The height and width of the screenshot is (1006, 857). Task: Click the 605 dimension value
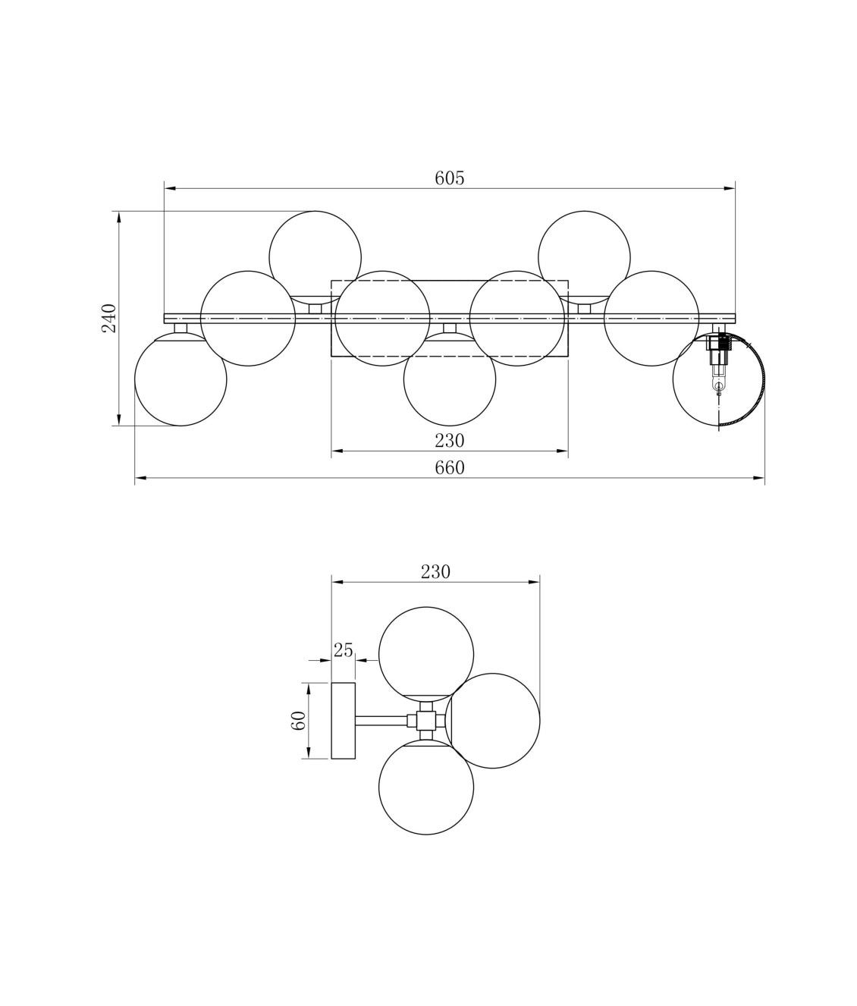[x=450, y=178]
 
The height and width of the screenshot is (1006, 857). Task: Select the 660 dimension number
[x=450, y=467]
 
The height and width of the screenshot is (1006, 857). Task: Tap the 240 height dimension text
[x=109, y=318]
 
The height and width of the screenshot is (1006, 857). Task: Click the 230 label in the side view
[x=435, y=572]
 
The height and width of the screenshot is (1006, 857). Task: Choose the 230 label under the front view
[x=450, y=441]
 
